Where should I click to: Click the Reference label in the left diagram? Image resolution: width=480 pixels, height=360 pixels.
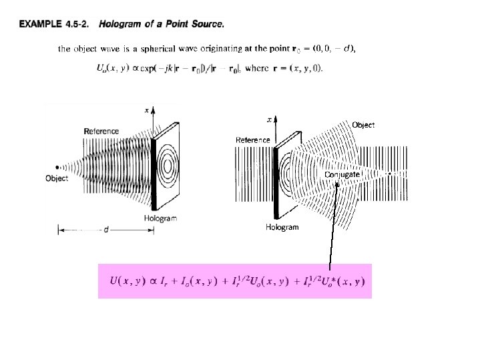point(101,131)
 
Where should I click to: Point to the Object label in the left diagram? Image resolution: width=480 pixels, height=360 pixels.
point(57,178)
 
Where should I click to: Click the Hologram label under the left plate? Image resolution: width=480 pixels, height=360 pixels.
point(160,218)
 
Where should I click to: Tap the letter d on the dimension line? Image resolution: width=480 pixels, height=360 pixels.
point(107,230)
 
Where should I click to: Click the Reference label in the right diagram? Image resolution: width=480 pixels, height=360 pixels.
point(253,140)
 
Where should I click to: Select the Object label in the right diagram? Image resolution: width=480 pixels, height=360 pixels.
point(363,125)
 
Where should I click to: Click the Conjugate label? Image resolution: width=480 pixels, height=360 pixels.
point(343,174)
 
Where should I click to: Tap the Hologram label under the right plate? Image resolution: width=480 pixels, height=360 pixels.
point(282,227)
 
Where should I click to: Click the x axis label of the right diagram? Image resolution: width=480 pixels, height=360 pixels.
point(269,120)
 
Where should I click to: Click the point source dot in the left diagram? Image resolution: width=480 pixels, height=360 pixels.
point(57,166)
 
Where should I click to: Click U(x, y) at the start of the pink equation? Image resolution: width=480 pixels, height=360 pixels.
point(124,281)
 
